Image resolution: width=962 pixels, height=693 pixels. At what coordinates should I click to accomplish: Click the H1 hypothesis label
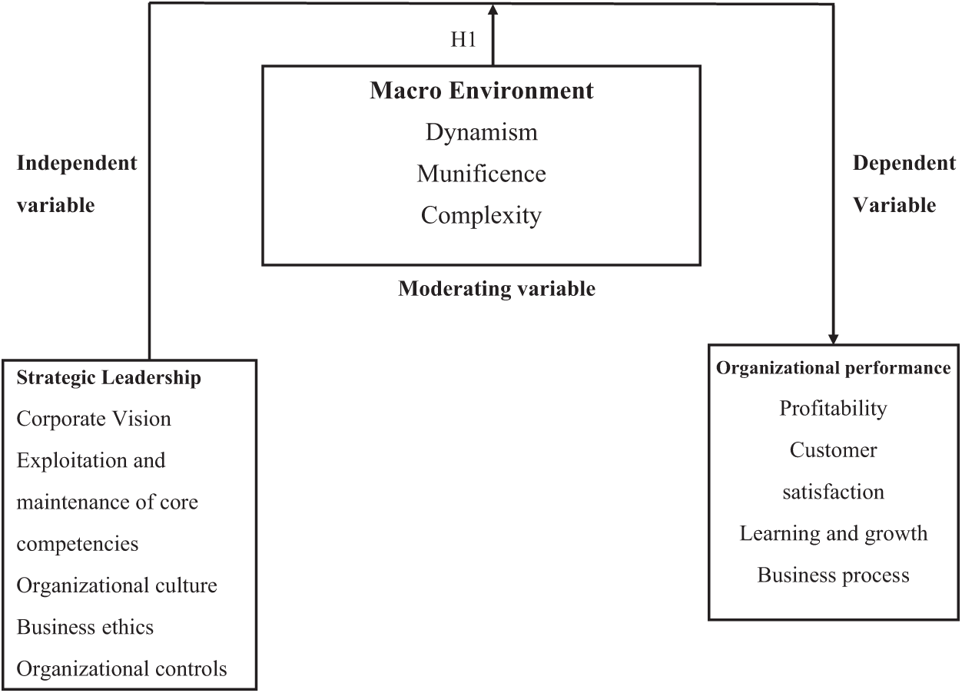463,40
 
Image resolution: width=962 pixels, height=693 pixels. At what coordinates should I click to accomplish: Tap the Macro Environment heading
482,91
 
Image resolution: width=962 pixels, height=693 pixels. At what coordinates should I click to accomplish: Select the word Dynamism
482,132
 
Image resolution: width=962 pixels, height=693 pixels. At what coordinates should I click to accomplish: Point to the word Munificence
482,174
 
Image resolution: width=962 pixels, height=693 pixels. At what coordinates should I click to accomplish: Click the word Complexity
482,215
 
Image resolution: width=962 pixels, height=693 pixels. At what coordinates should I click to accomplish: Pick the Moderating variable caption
496,289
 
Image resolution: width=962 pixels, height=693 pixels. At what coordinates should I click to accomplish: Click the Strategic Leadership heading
109,377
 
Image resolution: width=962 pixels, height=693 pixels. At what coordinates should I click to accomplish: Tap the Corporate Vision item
94,419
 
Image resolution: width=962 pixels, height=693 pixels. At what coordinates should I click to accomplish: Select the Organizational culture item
117,585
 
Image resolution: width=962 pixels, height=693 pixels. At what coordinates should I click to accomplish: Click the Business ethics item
85,627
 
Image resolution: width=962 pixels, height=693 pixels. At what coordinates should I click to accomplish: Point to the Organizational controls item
122,668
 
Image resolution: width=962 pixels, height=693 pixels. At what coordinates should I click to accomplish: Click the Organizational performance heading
834,368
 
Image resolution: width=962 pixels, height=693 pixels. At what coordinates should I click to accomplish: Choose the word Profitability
834,408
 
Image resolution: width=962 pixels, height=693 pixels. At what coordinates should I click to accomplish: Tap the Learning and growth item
834,533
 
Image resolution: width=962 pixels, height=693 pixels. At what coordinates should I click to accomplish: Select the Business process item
834,575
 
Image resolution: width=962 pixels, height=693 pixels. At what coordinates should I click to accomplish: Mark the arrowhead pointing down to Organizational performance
833,337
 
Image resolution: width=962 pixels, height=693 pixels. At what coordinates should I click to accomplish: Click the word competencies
78,544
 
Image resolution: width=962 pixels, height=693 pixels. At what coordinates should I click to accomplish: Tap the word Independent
77,163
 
